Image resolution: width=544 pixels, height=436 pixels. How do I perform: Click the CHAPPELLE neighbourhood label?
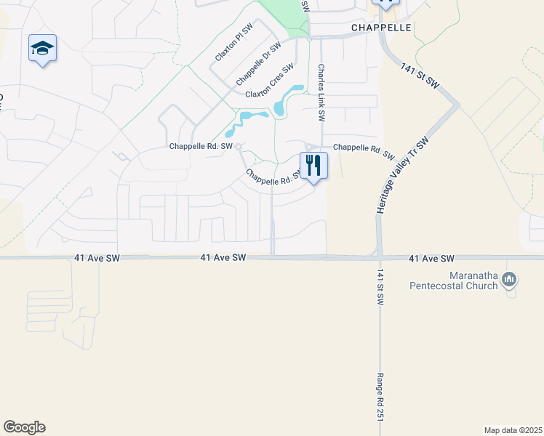(381, 27)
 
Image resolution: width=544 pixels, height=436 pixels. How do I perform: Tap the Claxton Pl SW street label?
(233, 44)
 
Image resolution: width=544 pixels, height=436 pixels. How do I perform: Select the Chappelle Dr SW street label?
(258, 62)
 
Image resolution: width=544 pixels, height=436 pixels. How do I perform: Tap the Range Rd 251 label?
(380, 397)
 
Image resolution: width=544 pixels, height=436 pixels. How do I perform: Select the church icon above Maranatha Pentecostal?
(510, 279)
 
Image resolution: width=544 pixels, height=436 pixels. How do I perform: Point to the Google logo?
(24, 427)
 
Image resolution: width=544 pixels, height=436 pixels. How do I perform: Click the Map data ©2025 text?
(512, 430)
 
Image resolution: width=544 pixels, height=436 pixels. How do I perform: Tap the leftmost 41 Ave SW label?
(97, 258)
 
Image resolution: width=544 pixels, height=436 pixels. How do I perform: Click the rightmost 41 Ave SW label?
(431, 259)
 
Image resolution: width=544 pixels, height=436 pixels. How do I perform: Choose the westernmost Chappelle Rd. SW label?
(201, 146)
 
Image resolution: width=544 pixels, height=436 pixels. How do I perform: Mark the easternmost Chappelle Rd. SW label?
(364, 152)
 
